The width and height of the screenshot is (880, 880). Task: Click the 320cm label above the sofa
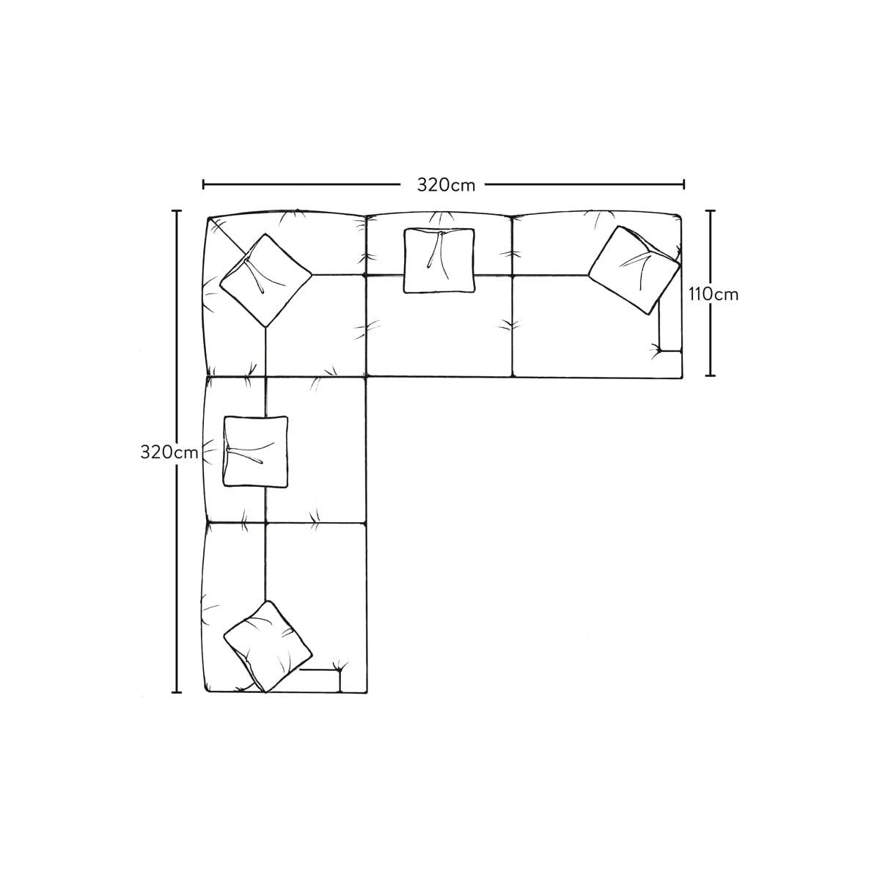click(x=446, y=185)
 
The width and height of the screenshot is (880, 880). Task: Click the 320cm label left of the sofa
click(x=169, y=452)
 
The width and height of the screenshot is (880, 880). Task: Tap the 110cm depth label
click(x=714, y=295)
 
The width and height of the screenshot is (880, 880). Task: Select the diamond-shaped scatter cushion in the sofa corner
click(x=265, y=280)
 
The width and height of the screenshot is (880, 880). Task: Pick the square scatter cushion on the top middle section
click(x=439, y=260)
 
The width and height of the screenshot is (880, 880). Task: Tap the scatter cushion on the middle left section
click(x=256, y=451)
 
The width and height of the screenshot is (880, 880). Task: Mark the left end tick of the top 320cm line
click(x=203, y=185)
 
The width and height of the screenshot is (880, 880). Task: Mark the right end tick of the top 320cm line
click(x=683, y=185)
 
